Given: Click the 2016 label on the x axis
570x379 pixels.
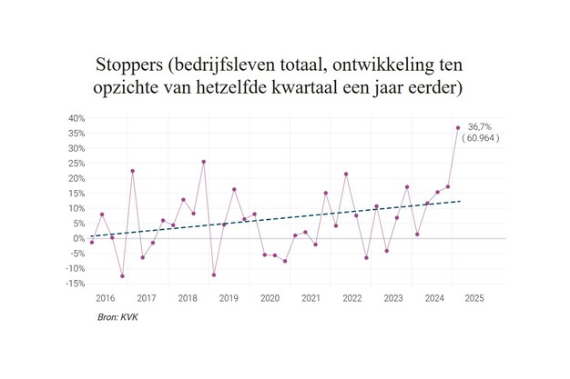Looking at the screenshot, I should pos(105,298).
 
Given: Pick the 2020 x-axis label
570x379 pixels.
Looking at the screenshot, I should pos(270,298).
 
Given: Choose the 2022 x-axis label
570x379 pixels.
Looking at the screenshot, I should pos(352,298).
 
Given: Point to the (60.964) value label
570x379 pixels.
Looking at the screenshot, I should pos(481,138).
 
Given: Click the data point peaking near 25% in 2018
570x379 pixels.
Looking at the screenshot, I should pos(203,162).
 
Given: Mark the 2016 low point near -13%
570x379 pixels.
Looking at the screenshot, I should pos(122,275).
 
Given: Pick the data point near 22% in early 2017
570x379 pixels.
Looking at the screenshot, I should pos(132,171).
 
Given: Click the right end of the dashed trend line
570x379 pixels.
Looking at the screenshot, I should pos(462,201).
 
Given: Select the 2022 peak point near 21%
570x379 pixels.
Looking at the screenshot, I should pos(346,174).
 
